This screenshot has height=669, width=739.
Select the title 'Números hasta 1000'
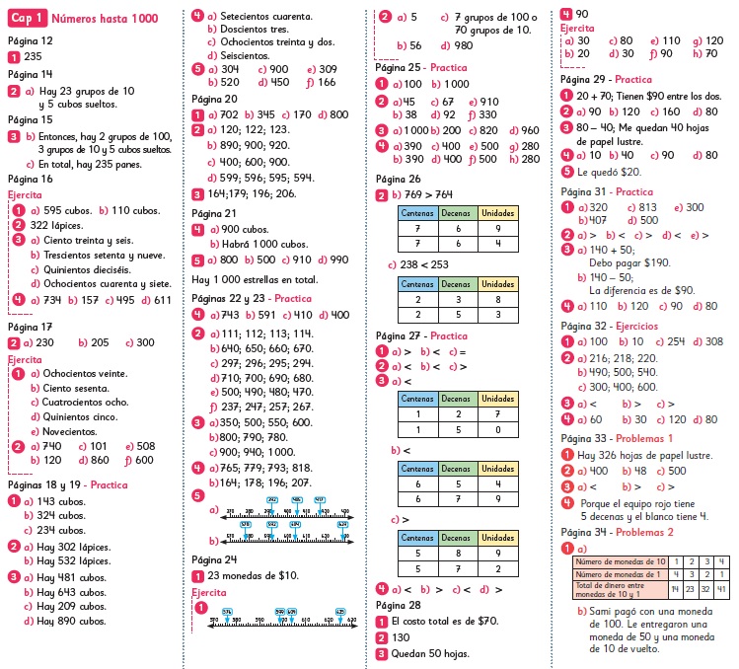pyautogui.click(x=103, y=18)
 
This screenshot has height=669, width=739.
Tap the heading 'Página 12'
pyautogui.click(x=30, y=40)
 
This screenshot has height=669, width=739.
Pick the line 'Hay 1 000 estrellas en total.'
pyautogui.click(x=255, y=279)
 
